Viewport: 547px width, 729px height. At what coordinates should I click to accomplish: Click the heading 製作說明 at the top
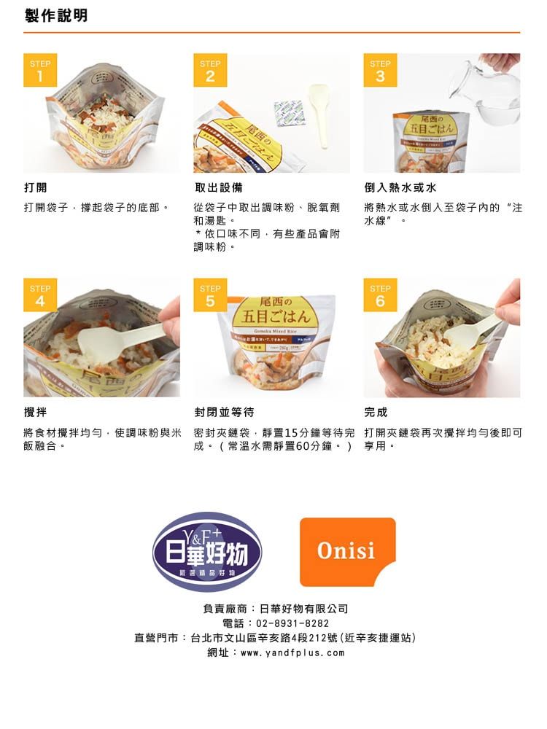click(56, 15)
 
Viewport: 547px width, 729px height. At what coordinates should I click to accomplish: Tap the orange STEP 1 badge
click(40, 70)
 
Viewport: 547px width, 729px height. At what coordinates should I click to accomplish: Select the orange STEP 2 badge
click(210, 70)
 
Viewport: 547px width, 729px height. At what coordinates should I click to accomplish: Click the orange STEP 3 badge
click(380, 70)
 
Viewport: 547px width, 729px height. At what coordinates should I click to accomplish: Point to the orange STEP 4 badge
click(40, 295)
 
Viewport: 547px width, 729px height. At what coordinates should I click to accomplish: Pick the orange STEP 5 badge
click(210, 295)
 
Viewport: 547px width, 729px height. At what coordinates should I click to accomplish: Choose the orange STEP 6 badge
click(380, 295)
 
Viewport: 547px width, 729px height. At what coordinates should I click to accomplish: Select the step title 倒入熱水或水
click(400, 187)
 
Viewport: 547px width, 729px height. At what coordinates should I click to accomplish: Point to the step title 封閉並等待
click(224, 413)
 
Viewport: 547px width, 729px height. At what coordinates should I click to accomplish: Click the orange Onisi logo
click(347, 551)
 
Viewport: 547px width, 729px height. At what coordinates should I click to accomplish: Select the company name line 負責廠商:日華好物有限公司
click(275, 608)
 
